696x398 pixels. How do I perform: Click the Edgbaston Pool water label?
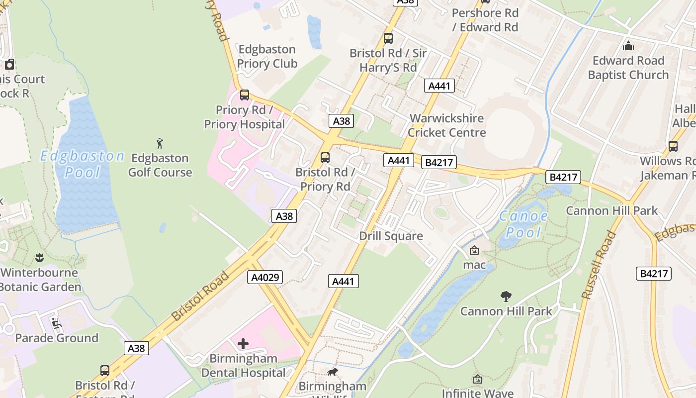click(82, 164)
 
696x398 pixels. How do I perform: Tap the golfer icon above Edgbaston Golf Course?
click(160, 144)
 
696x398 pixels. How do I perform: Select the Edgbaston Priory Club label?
click(267, 56)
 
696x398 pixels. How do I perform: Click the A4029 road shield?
click(264, 277)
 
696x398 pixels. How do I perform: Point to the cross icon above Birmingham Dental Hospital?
click(243, 344)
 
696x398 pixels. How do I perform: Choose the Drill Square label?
click(391, 236)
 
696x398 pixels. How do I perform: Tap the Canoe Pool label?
click(523, 224)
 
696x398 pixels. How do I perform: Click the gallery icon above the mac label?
click(474, 251)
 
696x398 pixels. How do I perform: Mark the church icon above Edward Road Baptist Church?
click(628, 46)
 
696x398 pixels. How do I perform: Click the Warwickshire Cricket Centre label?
click(446, 125)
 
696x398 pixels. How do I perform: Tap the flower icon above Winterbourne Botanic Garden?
click(39, 258)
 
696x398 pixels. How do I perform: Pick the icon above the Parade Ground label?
click(56, 324)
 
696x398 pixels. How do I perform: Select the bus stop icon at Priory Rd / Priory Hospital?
click(244, 95)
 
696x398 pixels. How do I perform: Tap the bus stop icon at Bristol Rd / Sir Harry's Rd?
click(388, 38)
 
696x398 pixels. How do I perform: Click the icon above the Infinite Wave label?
click(477, 380)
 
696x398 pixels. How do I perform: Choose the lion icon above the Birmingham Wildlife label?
click(332, 372)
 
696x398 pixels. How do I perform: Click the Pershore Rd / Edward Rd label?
click(485, 20)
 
